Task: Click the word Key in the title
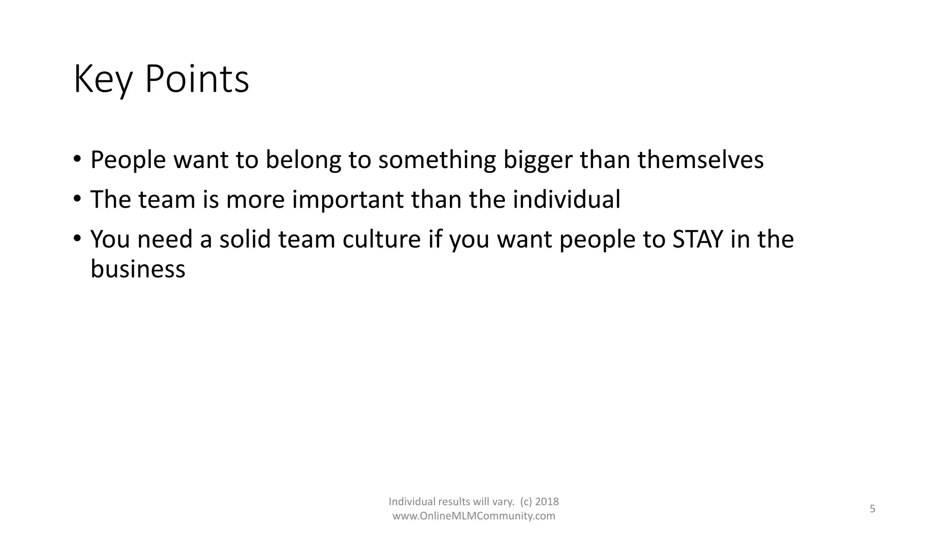coord(103,80)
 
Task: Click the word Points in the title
coord(197,80)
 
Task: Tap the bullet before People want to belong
coord(77,160)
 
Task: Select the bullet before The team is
coord(77,199)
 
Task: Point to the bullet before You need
coord(77,239)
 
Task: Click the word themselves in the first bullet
coord(700,160)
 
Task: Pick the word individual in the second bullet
coord(566,199)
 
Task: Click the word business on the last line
coord(137,269)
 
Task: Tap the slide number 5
coord(872,509)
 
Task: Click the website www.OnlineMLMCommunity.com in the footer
coord(474,516)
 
